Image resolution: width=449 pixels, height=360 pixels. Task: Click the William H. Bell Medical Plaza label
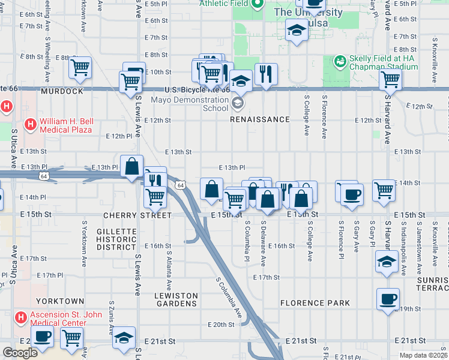tap(65, 125)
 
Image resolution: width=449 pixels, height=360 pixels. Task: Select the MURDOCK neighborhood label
tap(62, 91)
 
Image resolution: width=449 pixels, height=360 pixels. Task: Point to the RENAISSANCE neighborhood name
tap(261, 119)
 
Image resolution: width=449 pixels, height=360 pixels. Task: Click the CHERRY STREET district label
tap(137, 215)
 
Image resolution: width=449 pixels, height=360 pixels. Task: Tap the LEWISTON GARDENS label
tap(176, 299)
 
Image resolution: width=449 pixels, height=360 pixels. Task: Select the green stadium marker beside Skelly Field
tap(340, 61)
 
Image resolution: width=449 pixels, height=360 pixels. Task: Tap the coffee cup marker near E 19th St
tap(388, 299)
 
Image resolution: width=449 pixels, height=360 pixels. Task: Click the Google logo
tap(20, 353)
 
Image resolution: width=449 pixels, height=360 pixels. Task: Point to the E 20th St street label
tap(220, 325)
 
